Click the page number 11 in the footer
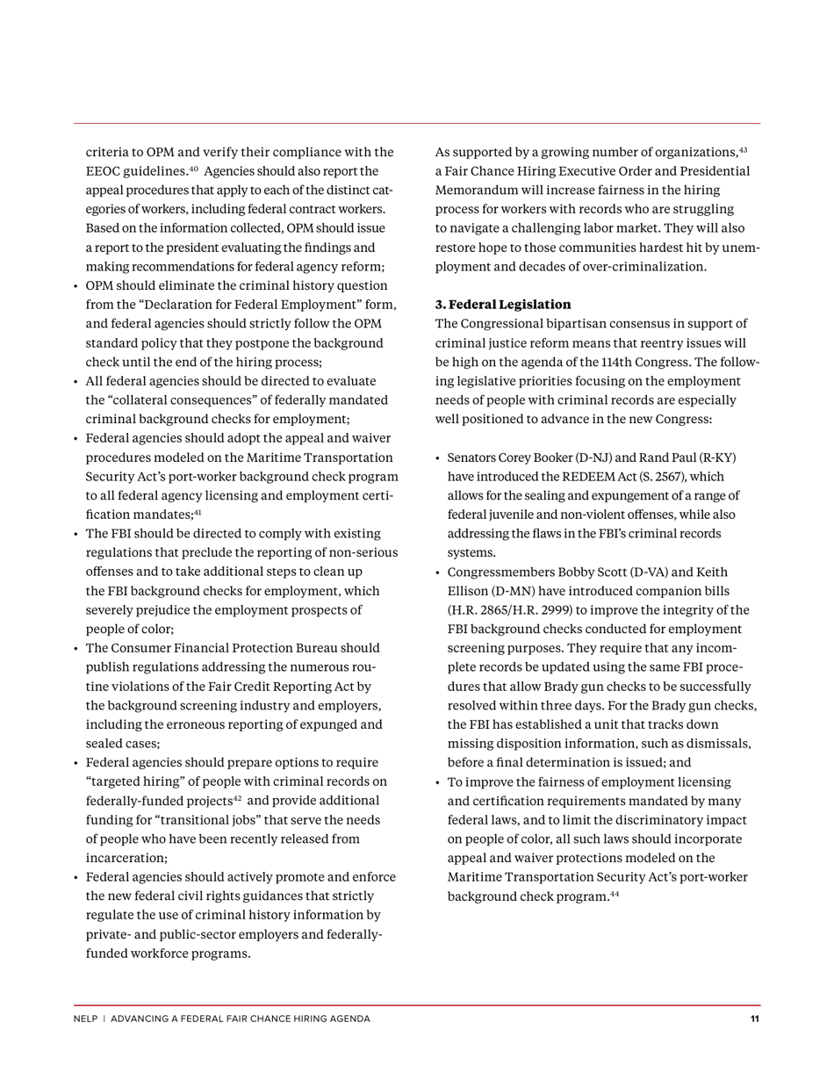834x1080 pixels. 754,1019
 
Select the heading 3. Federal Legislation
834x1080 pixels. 503,305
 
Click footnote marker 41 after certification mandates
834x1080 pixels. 198,513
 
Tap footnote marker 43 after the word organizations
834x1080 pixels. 743,150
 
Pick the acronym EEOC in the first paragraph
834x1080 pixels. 104,171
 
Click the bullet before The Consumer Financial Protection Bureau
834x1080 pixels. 76,649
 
